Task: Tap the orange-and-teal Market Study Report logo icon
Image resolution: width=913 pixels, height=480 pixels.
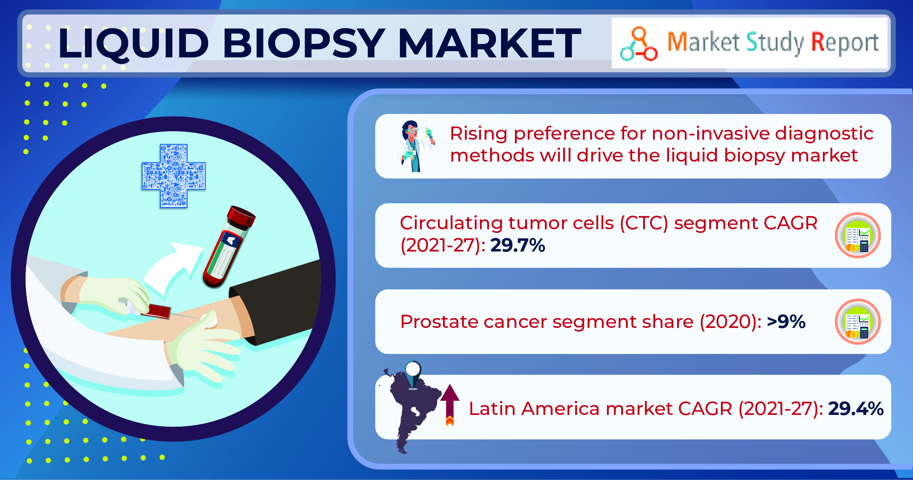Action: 638,44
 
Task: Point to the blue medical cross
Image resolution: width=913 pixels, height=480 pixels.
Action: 173,176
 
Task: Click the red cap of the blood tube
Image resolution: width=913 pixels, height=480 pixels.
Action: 241,216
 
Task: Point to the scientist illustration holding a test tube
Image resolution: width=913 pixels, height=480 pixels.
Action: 415,146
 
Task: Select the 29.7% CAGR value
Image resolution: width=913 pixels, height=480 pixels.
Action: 517,245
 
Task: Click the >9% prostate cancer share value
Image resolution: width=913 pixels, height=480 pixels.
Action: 786,322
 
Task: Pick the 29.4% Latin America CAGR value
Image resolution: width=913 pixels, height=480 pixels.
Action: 856,408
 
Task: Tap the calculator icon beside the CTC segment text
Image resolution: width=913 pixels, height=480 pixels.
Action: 858,235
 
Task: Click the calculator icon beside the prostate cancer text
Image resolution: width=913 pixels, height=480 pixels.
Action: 858,322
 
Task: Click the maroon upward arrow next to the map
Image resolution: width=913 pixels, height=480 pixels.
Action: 450,404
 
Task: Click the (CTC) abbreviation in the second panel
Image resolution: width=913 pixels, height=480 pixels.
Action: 644,223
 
